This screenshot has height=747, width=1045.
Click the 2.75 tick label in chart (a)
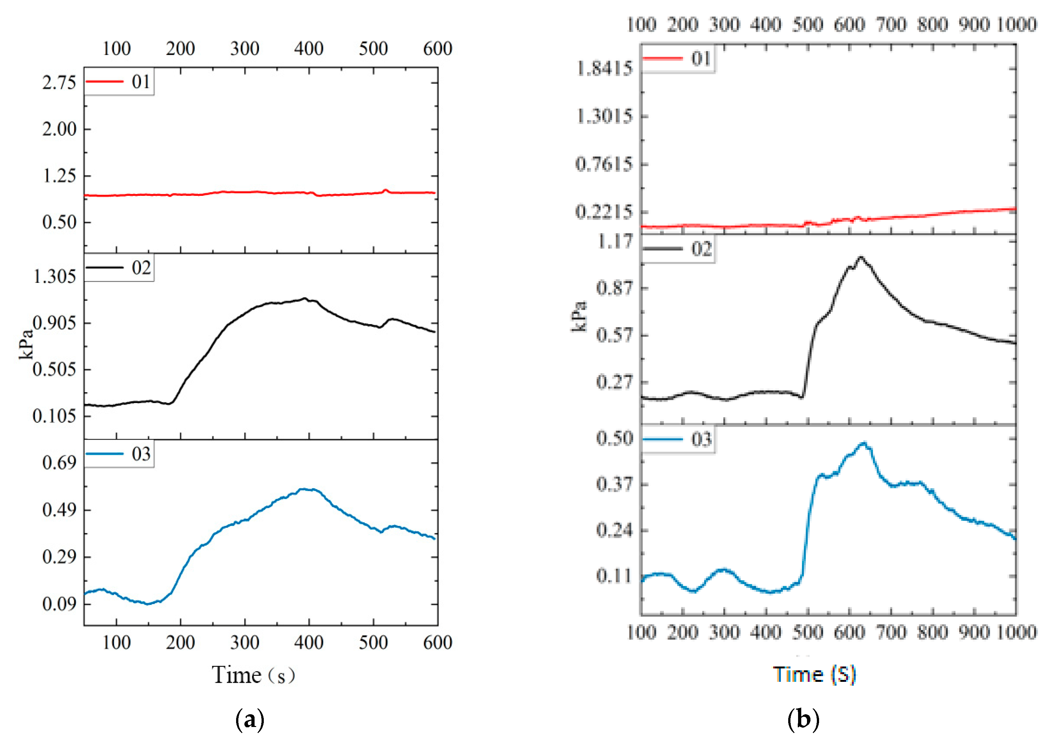point(59,83)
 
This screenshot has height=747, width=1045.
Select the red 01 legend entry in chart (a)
point(119,82)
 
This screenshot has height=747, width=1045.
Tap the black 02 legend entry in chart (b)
point(677,249)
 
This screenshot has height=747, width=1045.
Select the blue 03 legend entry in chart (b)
point(677,440)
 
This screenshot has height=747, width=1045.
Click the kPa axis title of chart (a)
point(26,344)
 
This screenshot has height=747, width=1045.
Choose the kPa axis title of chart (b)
point(579,317)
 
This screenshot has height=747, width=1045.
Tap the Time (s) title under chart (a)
point(253,675)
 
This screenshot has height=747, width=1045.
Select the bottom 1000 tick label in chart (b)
point(1016,633)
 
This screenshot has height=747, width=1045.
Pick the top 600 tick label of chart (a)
point(437,48)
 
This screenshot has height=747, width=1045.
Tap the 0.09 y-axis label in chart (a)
point(59,604)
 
